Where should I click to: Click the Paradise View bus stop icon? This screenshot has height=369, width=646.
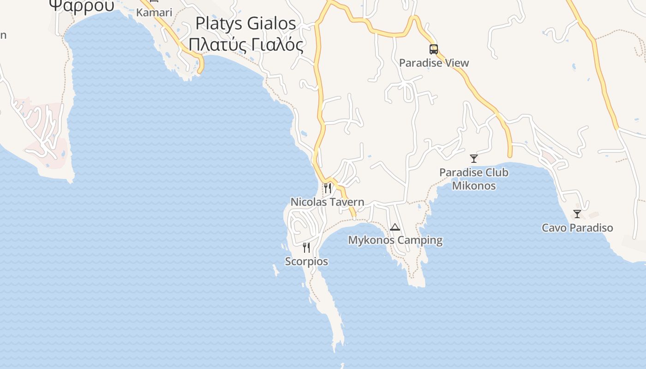click(x=433, y=49)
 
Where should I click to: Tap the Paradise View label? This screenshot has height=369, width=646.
click(x=434, y=63)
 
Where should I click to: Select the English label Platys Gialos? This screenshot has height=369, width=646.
click(x=245, y=23)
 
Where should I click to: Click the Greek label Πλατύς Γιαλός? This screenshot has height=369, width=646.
click(x=246, y=45)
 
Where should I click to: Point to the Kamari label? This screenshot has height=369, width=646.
click(x=154, y=12)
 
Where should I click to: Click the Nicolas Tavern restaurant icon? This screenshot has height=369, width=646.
click(x=328, y=188)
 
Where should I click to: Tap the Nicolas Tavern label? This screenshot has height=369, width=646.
click(x=327, y=202)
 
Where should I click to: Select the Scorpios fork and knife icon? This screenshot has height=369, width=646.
click(x=306, y=248)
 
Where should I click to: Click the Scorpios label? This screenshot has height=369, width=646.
click(x=306, y=262)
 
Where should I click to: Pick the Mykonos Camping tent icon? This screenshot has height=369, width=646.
click(x=395, y=227)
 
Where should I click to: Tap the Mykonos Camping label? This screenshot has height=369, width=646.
click(x=395, y=240)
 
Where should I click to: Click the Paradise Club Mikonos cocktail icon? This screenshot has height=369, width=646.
click(x=474, y=159)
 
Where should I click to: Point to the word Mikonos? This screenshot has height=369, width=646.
click(x=474, y=186)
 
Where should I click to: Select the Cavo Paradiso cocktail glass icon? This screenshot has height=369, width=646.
click(x=577, y=214)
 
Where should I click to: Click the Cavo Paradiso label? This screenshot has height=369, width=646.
click(x=577, y=228)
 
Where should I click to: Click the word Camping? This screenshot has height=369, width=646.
click(x=420, y=240)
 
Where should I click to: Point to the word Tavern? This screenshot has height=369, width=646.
click(x=347, y=202)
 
